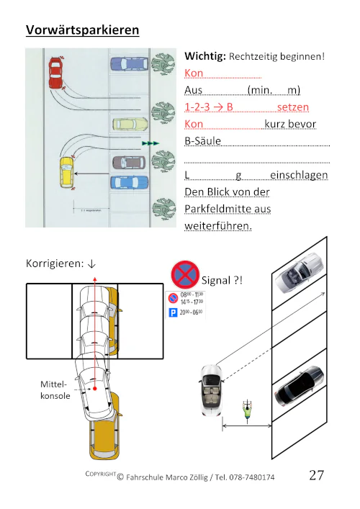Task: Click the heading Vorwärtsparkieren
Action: (82, 30)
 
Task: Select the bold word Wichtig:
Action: (206, 55)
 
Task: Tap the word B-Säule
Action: (203, 141)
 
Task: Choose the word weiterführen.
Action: (219, 225)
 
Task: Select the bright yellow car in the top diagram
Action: (66, 172)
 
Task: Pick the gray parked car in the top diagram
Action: (129, 163)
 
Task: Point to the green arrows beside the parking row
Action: (150, 144)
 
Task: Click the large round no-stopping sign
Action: (184, 275)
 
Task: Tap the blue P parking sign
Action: (173, 313)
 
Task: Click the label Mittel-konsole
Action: (55, 390)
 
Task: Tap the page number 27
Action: (316, 475)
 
